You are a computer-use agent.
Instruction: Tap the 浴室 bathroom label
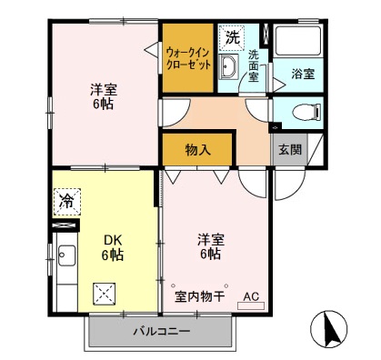point(303,74)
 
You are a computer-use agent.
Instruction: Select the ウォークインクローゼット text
point(188,58)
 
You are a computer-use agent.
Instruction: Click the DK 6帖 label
point(112,247)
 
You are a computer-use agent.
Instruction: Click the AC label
point(251,296)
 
